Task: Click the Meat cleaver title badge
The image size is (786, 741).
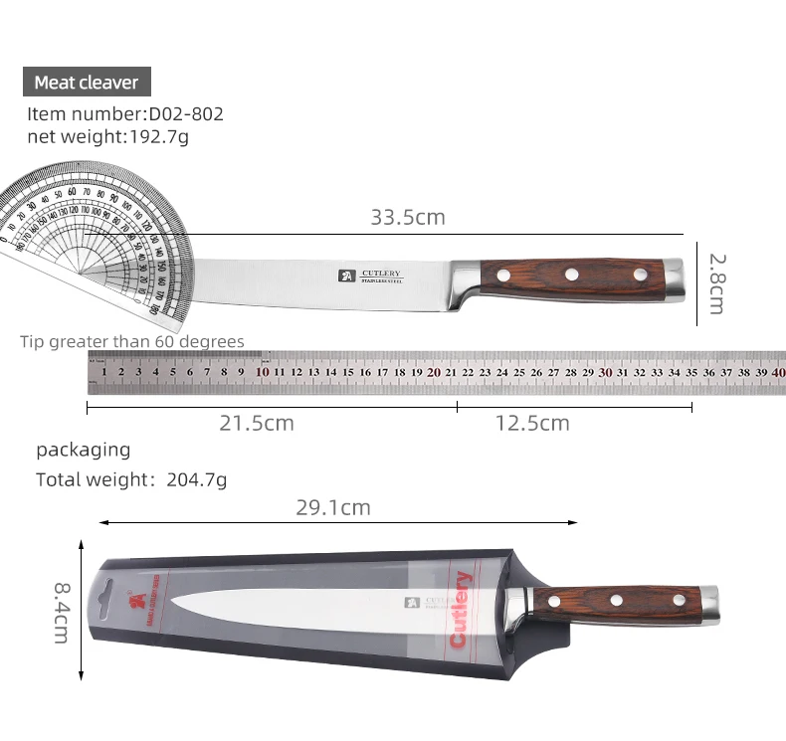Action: click(87, 83)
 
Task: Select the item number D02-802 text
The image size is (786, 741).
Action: click(125, 113)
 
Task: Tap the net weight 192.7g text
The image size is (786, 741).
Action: click(107, 137)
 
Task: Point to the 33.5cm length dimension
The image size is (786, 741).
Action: click(408, 217)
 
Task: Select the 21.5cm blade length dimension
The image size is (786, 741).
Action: click(257, 423)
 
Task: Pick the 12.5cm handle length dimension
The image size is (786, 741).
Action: click(532, 423)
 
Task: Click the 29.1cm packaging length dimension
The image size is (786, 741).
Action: click(333, 507)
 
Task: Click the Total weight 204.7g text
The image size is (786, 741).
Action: click(131, 479)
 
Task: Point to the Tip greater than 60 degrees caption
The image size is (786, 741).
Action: click(132, 342)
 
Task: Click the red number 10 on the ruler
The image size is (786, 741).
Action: click(263, 372)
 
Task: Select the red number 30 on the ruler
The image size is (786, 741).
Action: click(606, 372)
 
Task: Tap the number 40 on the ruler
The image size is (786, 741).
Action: click(778, 372)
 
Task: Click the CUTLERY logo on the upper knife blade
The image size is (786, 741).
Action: click(372, 276)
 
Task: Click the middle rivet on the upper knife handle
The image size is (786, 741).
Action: click(571, 274)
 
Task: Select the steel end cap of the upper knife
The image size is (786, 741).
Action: click(676, 280)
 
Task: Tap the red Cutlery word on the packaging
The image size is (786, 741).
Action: click(461, 609)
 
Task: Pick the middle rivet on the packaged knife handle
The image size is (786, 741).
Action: click(616, 600)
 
